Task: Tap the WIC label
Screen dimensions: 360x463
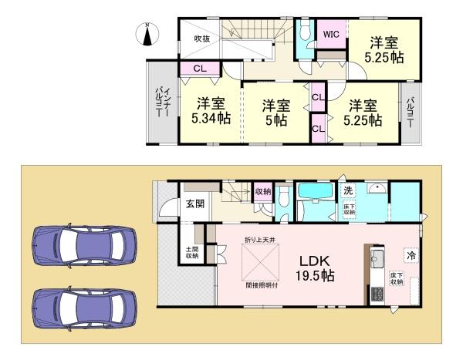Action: click(x=331, y=34)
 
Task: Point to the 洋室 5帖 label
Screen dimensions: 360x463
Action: click(x=275, y=113)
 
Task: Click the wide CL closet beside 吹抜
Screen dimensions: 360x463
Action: click(x=199, y=69)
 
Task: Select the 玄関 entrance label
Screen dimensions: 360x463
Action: click(x=194, y=204)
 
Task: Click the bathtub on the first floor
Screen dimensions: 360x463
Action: click(x=313, y=192)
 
